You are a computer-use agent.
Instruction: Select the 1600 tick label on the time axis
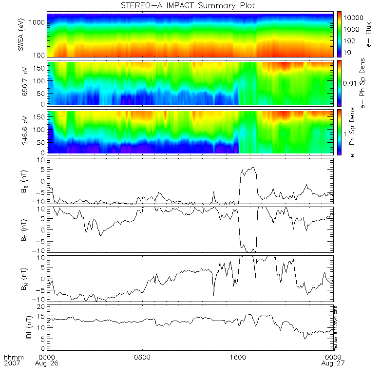point(238,357)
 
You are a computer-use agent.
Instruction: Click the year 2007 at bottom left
point(11,364)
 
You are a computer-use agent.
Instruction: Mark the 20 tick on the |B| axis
point(42,306)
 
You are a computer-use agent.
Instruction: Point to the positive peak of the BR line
point(252,167)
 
